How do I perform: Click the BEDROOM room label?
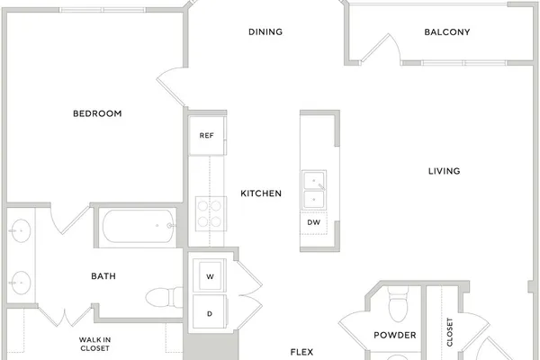[97, 113]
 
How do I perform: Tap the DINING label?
[265, 32]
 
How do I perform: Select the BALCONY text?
[447, 32]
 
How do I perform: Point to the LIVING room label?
[444, 171]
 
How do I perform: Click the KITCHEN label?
[261, 193]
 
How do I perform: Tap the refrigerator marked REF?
[207, 136]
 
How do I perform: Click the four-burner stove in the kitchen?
[211, 213]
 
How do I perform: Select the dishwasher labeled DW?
[313, 222]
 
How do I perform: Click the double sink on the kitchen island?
[314, 190]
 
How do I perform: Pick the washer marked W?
[210, 275]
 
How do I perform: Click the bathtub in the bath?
[139, 226]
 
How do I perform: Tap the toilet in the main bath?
[164, 297]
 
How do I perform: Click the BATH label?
[103, 276]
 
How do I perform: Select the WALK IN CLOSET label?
[94, 344]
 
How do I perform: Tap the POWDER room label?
[395, 335]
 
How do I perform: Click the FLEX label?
[301, 352]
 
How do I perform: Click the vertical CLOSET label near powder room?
[449, 332]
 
